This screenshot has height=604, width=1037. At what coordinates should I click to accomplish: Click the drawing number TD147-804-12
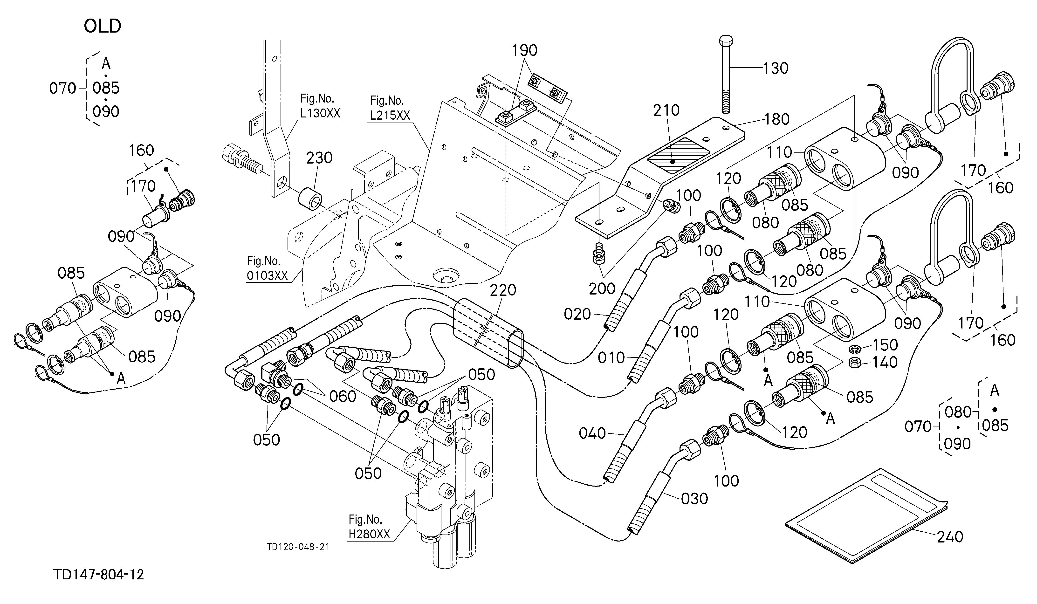(99, 574)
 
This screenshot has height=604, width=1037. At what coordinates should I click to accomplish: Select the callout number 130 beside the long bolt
(776, 68)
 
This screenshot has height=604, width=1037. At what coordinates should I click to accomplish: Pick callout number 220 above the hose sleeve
(503, 290)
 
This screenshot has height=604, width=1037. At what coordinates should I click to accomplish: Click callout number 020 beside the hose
(577, 314)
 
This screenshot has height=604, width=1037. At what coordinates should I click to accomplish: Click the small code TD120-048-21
(298, 547)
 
